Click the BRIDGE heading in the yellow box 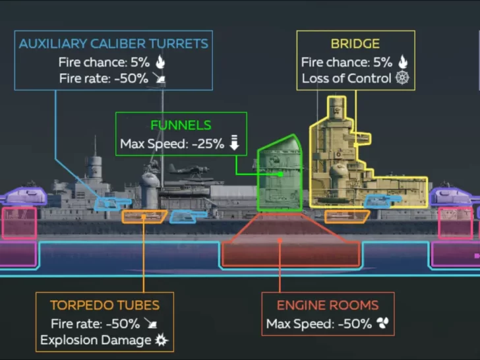355,44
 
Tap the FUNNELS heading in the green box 181,125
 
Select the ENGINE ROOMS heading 327,305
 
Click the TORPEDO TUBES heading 105,305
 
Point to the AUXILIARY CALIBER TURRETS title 113,44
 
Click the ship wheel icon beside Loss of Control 402,78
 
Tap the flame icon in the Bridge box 402,62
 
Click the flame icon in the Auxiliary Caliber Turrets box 160,62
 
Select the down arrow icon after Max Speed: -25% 234,143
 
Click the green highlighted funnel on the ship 280,175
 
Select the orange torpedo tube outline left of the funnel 144,216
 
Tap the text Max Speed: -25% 172,143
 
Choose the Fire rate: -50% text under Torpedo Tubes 95,323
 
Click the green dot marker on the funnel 281,174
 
